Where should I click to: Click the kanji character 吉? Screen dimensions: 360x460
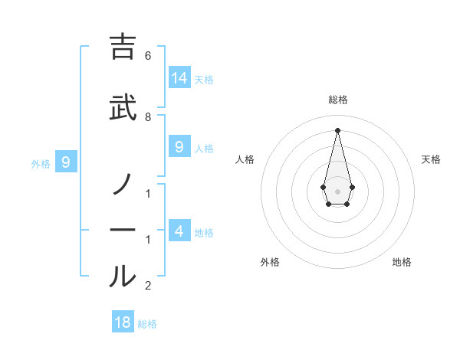(x=123, y=47)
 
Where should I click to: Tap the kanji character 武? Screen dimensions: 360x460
(x=123, y=108)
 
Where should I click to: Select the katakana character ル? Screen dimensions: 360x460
(x=123, y=276)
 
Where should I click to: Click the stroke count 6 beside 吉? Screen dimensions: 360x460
(x=148, y=56)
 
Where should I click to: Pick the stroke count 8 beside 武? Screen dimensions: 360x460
(x=148, y=117)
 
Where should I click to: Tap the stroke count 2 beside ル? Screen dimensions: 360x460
(x=148, y=286)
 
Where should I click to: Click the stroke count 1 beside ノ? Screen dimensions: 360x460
(x=148, y=194)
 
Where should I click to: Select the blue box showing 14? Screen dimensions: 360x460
(x=179, y=77)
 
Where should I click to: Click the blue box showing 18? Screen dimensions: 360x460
(x=123, y=322)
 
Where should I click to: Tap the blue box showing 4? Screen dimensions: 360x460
(x=179, y=231)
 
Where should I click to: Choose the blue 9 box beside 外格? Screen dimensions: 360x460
(x=67, y=162)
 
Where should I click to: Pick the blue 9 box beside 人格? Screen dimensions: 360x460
(x=179, y=146)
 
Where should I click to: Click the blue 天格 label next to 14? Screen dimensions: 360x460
(x=204, y=80)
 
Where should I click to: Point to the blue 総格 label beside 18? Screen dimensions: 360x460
(x=147, y=324)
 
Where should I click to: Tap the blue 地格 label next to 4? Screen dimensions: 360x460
(x=204, y=233)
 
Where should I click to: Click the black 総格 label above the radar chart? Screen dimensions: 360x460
(x=337, y=100)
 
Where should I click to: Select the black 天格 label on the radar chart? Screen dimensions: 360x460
(x=432, y=159)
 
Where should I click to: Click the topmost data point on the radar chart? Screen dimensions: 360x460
(x=337, y=129)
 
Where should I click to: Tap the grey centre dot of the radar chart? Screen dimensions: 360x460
(x=337, y=191)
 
